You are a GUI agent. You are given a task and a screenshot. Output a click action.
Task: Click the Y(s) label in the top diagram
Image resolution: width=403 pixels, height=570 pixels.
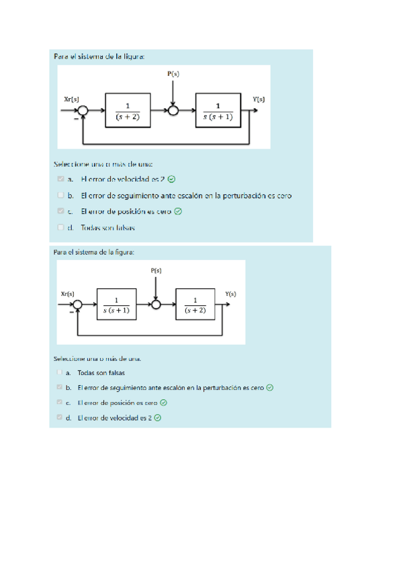click(259, 99)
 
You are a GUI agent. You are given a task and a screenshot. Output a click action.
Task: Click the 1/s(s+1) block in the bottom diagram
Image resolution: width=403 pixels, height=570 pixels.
click(117, 304)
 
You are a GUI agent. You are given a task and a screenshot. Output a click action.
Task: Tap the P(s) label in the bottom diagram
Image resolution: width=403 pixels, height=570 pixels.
click(156, 270)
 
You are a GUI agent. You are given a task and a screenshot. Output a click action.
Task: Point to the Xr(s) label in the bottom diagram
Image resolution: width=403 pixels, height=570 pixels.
click(68, 294)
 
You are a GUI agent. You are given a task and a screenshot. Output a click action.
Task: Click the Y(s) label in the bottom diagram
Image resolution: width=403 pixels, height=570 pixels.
click(230, 294)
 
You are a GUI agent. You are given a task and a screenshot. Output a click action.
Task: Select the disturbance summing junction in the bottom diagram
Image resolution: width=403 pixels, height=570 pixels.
click(156, 304)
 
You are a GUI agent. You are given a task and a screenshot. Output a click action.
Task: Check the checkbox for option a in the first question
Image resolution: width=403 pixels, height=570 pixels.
click(61, 179)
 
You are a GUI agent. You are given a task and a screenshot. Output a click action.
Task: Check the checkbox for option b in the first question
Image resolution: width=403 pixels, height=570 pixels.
click(61, 196)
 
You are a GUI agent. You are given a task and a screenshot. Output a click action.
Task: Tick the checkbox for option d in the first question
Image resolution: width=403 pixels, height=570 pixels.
click(61, 228)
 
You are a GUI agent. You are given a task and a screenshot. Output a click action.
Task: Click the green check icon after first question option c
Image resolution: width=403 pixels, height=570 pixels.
click(178, 212)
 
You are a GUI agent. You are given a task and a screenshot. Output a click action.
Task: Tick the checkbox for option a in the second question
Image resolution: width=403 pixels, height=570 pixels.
click(60, 372)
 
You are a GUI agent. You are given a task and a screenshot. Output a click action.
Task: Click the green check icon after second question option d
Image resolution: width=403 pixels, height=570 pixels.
click(158, 417)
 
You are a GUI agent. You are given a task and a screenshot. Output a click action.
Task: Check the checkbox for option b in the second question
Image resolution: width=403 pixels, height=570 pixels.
click(60, 387)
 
